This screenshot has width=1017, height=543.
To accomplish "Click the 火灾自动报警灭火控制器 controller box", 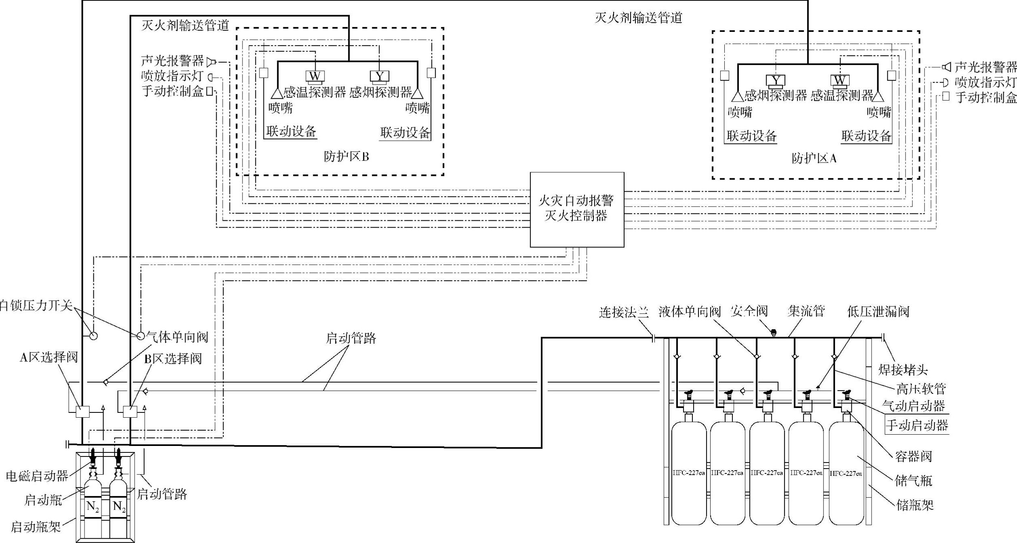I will click(577, 209).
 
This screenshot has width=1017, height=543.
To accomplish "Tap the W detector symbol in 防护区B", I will click(314, 76).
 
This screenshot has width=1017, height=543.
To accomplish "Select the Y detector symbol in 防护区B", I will click(379, 76).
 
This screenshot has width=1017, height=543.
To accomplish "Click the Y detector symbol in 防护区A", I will click(775, 80).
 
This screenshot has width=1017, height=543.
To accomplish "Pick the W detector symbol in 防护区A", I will click(840, 80).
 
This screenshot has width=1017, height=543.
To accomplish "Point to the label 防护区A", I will click(814, 158).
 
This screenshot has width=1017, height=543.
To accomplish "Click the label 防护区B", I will click(346, 156).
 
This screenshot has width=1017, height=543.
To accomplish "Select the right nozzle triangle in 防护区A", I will click(878, 96).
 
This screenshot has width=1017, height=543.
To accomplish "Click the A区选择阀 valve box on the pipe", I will click(82, 412).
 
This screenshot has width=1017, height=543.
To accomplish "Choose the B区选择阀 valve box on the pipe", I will click(130, 412).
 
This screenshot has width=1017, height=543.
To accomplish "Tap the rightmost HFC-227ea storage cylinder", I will click(846, 473).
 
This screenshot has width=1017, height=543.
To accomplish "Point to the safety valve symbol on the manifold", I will click(774, 333).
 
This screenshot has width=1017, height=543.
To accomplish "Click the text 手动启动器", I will click(917, 425).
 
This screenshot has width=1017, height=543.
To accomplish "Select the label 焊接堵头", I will click(903, 369).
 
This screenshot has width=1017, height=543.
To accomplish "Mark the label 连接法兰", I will click(624, 312).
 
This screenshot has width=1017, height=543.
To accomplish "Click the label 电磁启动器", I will click(37, 476).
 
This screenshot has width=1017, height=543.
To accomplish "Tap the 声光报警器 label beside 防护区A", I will click(985, 67).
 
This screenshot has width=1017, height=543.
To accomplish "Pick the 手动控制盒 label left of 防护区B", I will click(172, 91).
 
